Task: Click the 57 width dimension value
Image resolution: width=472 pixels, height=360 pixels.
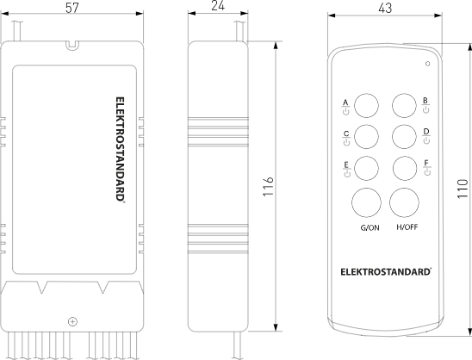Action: [72, 8]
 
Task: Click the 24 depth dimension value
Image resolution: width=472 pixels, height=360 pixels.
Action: [218, 6]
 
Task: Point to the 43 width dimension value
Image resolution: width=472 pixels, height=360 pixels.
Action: [385, 9]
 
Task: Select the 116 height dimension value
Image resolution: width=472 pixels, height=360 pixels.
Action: [268, 187]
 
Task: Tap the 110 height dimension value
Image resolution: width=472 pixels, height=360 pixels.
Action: [463, 189]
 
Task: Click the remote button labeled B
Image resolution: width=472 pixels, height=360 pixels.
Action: [404, 106]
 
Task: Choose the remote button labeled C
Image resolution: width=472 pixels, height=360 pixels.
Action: [366, 137]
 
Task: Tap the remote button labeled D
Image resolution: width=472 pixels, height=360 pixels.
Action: [404, 137]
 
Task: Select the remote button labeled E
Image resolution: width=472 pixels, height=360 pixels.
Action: [366, 168]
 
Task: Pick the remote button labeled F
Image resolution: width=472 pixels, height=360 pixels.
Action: [405, 168]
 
